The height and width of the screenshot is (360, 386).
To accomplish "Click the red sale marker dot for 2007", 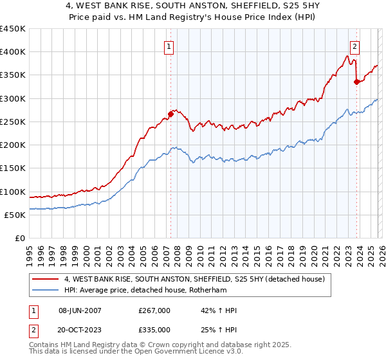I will [170, 114].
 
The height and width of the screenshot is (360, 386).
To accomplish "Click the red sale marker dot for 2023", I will [356, 82].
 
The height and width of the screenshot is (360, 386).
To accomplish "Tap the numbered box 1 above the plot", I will [169, 46].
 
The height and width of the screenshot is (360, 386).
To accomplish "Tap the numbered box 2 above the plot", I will [354, 46].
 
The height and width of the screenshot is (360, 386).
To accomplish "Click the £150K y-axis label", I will [13, 168].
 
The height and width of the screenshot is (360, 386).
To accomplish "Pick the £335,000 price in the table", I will [154, 329].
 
